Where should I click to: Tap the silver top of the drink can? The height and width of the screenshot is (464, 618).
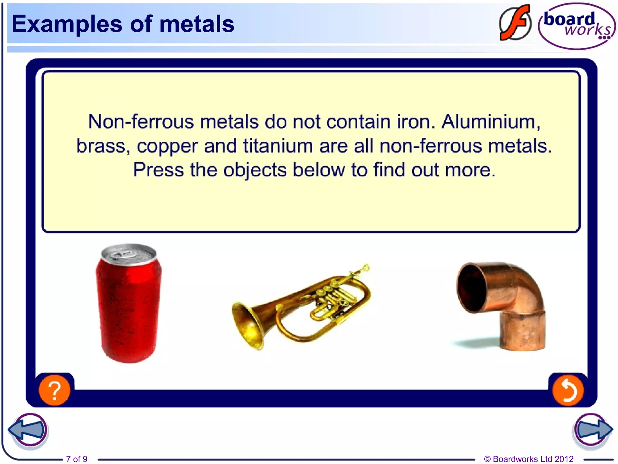(129, 254)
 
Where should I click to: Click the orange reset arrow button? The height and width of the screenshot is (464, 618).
(568, 391)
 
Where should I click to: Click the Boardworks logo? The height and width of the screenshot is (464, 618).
(576, 26)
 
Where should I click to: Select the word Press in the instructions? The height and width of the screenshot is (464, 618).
(158, 170)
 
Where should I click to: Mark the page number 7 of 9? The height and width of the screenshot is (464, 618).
(77, 459)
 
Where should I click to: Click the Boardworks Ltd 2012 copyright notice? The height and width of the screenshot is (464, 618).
(529, 459)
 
